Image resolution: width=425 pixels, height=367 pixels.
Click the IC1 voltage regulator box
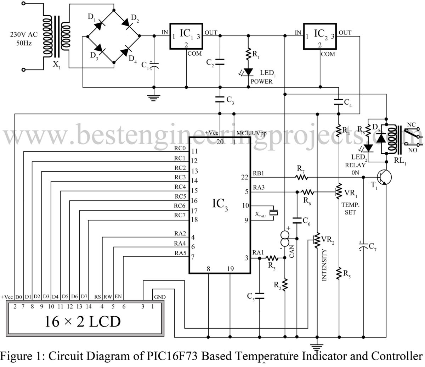click(186, 36)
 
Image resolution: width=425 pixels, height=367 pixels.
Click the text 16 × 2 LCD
click(82, 321)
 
